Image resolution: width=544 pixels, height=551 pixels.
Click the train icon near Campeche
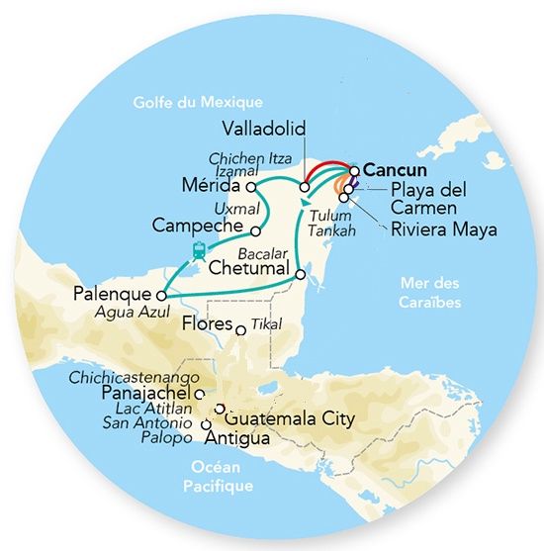coord(199,249)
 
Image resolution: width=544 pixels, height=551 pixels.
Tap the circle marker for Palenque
coord(159,294)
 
